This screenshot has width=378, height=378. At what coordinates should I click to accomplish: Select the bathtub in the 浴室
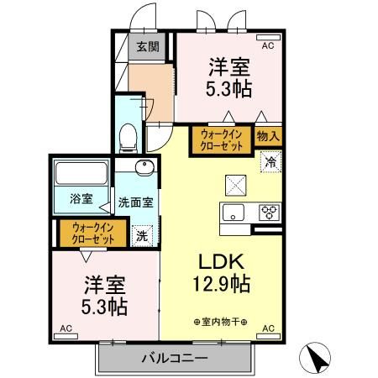pos(81,176)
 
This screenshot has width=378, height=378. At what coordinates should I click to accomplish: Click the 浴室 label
pos(81,202)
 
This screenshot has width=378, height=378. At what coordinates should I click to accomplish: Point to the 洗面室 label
pos(135,202)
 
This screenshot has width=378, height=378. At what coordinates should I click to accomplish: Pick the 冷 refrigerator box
pos(270,162)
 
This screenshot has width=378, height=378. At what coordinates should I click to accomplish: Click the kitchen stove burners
pos(269,212)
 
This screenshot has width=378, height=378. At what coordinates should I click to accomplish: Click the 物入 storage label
pos(268,134)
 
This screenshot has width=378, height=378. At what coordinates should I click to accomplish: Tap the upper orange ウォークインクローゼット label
pos(222,139)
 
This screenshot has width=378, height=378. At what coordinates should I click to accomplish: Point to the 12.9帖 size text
pos(220,286)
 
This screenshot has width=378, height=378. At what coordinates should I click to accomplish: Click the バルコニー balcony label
pos(176,359)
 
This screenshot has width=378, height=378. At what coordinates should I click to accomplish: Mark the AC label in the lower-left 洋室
pos(65,329)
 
